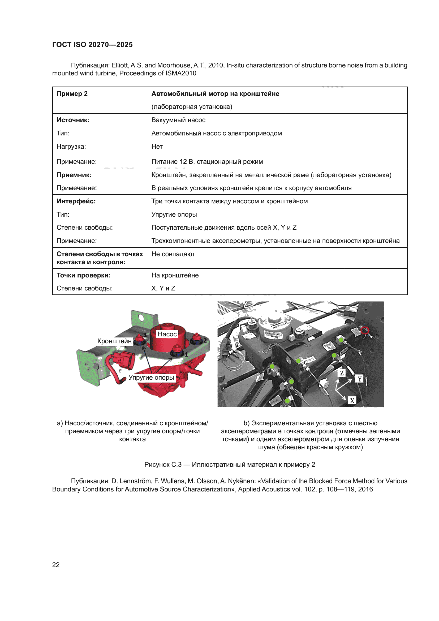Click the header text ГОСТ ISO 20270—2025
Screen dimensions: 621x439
92,45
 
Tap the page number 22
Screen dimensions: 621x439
56,564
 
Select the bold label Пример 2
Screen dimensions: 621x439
72,93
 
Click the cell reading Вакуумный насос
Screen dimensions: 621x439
178,120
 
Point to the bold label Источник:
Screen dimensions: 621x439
73,120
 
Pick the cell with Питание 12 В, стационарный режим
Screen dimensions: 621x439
207,161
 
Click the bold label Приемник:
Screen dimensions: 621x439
74,175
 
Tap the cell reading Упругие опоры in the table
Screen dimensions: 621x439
174,214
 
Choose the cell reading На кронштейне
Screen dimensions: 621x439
175,275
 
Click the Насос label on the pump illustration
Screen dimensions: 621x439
167,334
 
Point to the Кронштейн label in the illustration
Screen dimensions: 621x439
114,341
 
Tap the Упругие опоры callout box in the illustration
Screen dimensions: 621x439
151,377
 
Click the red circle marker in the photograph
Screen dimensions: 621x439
365,330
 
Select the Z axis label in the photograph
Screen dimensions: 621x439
342,373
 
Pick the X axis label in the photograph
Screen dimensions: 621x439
352,401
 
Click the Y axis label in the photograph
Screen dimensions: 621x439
360,379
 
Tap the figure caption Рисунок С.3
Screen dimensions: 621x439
230,464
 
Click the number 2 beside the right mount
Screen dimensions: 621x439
205,340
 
